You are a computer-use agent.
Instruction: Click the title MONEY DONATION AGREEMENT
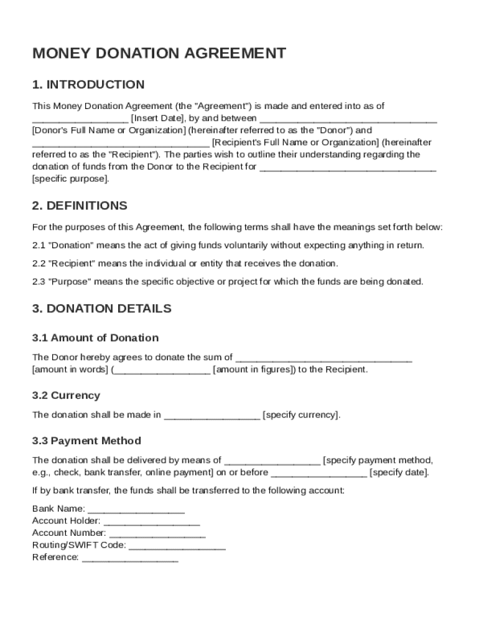click(159, 54)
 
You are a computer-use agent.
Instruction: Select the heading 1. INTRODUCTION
click(88, 85)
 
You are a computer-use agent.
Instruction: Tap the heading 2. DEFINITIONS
click(80, 206)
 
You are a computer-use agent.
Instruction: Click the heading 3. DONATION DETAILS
click(102, 308)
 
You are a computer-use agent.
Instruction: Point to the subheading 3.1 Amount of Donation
click(95, 338)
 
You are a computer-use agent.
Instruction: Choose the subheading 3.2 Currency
click(66, 396)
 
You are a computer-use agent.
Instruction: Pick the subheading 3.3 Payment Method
click(86, 441)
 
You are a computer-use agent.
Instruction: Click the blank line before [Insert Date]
click(80, 119)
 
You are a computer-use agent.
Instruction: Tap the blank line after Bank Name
click(136, 510)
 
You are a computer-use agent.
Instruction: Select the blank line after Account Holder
click(151, 521)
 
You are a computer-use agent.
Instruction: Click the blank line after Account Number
click(157, 534)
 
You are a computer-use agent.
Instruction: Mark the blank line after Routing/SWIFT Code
click(177, 546)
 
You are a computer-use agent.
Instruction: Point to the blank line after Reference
click(130, 558)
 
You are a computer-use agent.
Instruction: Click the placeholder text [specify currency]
click(302, 415)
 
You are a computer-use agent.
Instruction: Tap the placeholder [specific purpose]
click(71, 179)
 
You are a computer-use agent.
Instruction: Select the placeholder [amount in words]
click(70, 369)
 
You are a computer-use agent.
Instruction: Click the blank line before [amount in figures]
click(162, 371)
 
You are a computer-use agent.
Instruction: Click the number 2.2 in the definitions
click(39, 263)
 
